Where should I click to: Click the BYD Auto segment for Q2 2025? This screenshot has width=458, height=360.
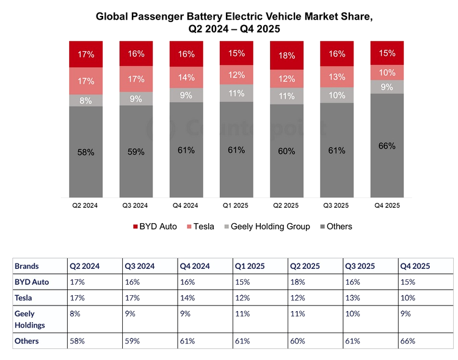pyautogui.click(x=286, y=56)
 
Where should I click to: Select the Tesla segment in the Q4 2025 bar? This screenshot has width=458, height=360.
pyautogui.click(x=387, y=73)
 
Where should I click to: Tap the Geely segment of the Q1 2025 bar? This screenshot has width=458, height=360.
pyautogui.click(x=236, y=94)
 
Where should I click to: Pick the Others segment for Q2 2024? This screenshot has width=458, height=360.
pyautogui.click(x=86, y=152)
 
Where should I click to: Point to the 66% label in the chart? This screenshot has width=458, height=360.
pyautogui.click(x=387, y=146)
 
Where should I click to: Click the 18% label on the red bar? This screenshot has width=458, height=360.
pyautogui.click(x=286, y=56)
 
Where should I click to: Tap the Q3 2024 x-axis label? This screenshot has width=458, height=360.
pyautogui.click(x=136, y=206)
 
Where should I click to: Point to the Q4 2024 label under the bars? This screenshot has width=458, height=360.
pyautogui.click(x=186, y=206)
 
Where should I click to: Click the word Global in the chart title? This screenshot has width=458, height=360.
pyautogui.click(x=114, y=17)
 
